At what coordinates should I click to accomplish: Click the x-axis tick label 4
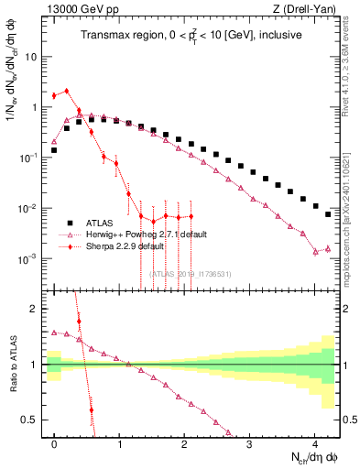(314, 442)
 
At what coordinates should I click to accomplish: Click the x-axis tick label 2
(185, 442)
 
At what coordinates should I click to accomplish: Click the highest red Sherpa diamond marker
(67, 91)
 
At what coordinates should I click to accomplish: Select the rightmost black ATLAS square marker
(328, 214)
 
